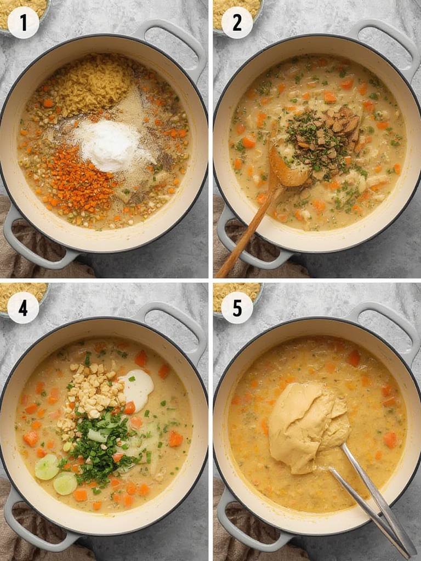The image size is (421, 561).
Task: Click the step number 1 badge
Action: pyautogui.click(x=23, y=22)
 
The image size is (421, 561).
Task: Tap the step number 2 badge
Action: pyautogui.click(x=237, y=22)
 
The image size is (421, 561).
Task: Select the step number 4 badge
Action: pyautogui.click(x=23, y=307)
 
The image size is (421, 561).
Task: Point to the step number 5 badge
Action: pyautogui.click(x=237, y=307)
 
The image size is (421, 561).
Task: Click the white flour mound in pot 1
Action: pyautogui.click(x=110, y=145)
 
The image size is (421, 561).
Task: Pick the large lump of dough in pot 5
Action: pyautogui.click(x=304, y=425)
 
